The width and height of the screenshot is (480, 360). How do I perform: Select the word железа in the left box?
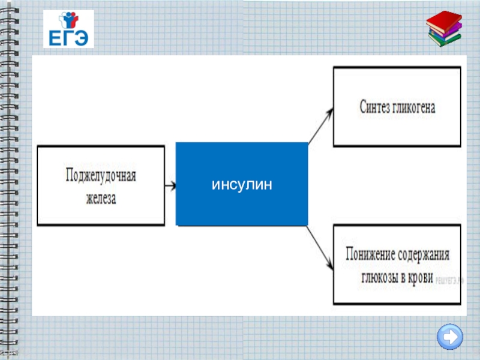101,199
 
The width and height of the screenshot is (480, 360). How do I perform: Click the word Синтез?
376,107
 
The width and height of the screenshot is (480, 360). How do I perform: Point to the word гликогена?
414,107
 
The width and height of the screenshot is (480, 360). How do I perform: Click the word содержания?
424,254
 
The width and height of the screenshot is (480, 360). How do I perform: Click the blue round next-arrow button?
449,337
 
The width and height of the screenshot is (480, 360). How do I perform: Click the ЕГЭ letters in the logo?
68,38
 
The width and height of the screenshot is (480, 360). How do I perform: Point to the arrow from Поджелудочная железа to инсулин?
170,185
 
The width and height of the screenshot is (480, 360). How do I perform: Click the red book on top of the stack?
443,19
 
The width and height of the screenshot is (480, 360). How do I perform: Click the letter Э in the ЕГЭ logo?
82,38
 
